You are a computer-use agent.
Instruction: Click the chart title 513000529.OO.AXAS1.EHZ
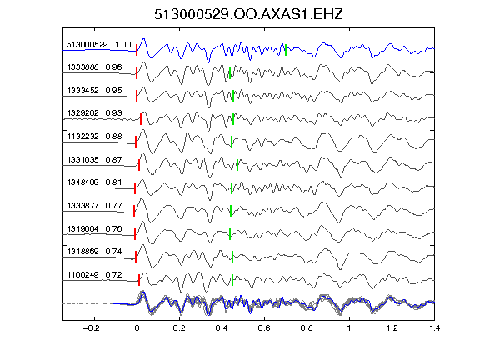(248, 14)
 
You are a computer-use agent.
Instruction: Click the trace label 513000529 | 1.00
(99, 45)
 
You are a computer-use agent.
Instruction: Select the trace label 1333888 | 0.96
(94, 67)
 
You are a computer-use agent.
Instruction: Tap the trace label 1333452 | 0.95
(94, 90)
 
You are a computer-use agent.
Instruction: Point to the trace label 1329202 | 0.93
(94, 113)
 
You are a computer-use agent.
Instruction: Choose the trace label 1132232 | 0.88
(94, 136)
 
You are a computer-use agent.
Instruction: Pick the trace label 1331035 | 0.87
(94, 159)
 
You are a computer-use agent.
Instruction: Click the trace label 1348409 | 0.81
(94, 182)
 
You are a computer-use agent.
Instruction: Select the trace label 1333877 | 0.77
(94, 205)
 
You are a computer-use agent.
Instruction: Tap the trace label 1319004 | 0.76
(94, 228)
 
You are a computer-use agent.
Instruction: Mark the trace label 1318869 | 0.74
(94, 252)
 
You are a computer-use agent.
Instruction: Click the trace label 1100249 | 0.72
(94, 275)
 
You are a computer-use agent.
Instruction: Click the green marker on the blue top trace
(286, 50)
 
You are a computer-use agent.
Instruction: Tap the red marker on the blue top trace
(137, 50)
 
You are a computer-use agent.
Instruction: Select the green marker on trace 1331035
(237, 165)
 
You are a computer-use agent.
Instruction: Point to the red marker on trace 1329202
(141, 119)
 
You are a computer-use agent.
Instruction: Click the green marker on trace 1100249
(232, 280)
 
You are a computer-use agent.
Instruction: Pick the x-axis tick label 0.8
(307, 328)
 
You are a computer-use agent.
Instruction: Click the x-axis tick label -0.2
(91, 328)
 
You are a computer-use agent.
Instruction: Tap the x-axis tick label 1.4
(434, 328)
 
